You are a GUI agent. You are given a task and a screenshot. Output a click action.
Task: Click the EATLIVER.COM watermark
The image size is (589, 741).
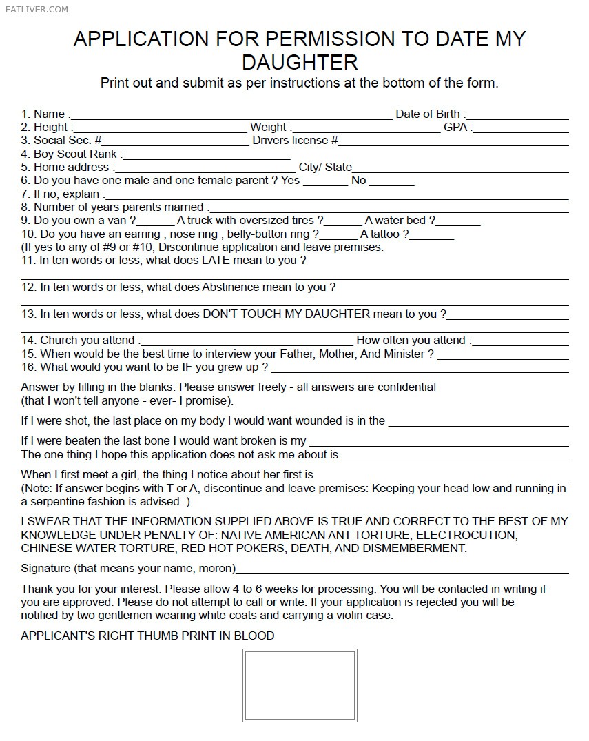click(x=35, y=9)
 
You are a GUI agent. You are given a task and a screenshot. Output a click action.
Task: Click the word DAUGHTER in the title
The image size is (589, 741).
click(x=300, y=62)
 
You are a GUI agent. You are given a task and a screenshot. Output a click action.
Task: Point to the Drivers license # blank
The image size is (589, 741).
click(x=453, y=143)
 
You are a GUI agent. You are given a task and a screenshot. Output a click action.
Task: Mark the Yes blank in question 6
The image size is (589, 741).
click(x=325, y=183)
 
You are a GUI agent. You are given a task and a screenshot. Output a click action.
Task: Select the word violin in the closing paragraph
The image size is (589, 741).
click(x=336, y=616)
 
